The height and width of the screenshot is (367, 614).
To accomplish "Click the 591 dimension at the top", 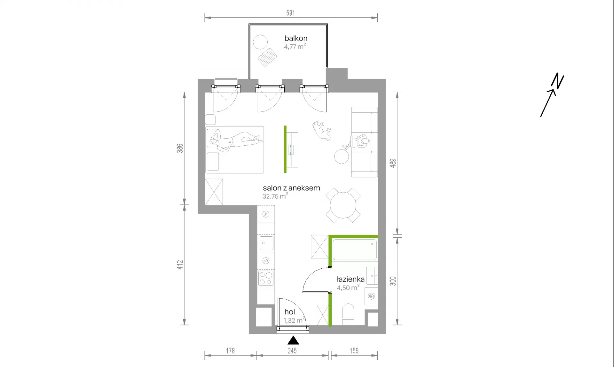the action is (290, 13).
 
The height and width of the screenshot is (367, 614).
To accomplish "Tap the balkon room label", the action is (296, 38).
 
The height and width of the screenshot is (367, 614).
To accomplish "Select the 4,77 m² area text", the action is (295, 46).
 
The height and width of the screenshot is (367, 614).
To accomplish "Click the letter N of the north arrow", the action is (558, 81).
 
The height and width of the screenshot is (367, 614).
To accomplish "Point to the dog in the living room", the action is (321, 130).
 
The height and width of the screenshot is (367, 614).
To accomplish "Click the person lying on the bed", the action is (235, 141).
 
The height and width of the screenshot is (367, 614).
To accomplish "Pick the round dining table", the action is (343, 205).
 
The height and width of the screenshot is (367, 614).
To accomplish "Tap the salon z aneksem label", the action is (291, 188).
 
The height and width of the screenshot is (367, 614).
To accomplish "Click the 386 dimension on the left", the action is (180, 148).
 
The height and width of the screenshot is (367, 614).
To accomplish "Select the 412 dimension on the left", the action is (180, 265).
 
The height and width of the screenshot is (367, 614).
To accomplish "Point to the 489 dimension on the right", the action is (393, 163).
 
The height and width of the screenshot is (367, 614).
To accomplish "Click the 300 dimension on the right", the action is (393, 281).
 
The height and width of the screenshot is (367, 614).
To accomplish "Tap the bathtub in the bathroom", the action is (355, 249).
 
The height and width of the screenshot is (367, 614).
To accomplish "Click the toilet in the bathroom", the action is (348, 314).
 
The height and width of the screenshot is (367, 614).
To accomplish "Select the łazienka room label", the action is (350, 279).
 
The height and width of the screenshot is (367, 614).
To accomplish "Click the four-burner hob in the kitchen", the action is (266, 278).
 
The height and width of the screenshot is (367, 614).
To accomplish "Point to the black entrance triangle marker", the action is (293, 340).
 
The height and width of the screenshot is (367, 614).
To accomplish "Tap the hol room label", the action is (290, 312).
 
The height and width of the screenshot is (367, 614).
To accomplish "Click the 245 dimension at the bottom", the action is (292, 351).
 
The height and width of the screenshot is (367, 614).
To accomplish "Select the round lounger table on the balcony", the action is (260, 42).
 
